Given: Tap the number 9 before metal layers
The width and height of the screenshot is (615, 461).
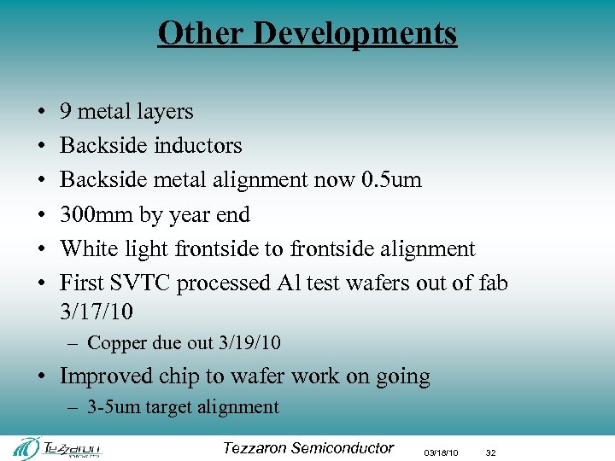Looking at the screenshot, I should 65,112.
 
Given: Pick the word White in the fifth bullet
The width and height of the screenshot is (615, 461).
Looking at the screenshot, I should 86,248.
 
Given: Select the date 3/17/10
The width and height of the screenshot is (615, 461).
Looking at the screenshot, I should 97,312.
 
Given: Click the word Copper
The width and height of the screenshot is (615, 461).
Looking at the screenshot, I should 116,343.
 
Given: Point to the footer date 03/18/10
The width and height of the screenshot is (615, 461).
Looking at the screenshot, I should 441,452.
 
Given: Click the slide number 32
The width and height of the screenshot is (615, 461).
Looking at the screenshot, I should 491,452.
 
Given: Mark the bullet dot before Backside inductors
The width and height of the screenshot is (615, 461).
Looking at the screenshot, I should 42,147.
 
